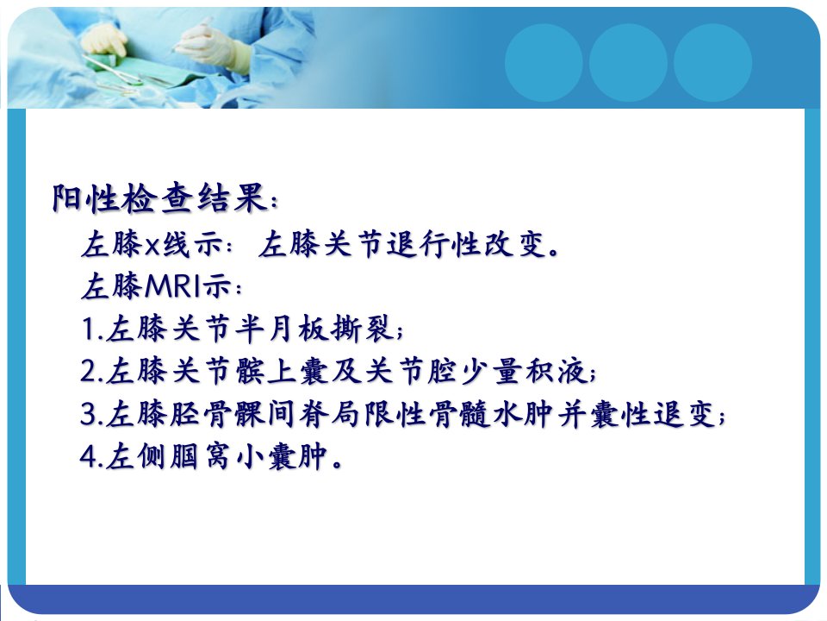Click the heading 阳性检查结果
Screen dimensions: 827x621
159,199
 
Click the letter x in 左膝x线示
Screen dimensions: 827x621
152,246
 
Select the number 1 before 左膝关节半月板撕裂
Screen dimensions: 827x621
89,329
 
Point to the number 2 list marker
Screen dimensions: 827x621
89,371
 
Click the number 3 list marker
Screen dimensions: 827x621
89,414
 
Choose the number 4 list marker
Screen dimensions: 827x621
89,456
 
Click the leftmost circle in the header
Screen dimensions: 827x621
544,63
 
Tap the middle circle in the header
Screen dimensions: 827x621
628,63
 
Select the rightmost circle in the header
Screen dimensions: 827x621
712,63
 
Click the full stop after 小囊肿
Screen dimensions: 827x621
337,465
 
